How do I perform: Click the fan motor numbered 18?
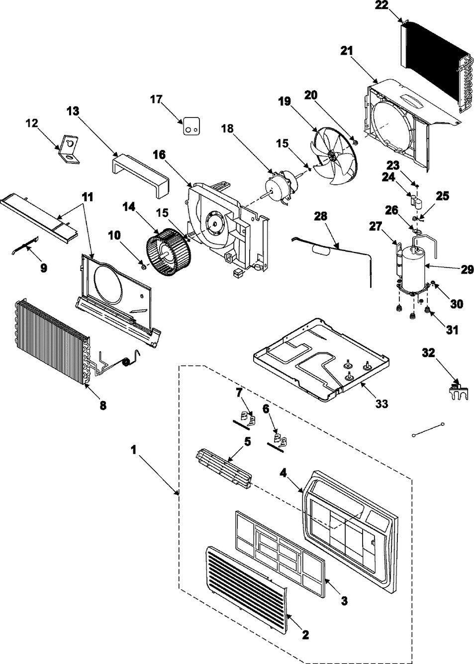tap(279, 185)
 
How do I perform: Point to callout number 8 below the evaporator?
tap(103, 405)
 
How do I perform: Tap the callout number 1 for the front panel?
tap(133, 449)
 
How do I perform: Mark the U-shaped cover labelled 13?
tap(139, 169)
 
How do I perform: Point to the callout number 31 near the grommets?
tap(452, 330)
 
